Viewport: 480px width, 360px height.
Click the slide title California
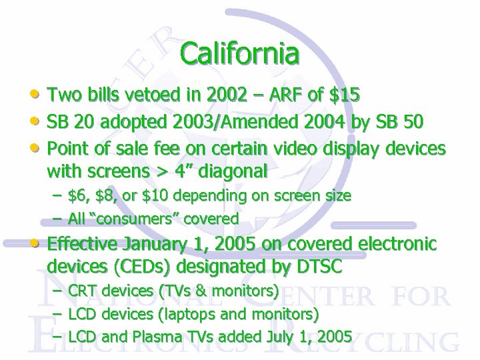(239, 54)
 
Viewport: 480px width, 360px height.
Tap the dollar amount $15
(345, 95)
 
